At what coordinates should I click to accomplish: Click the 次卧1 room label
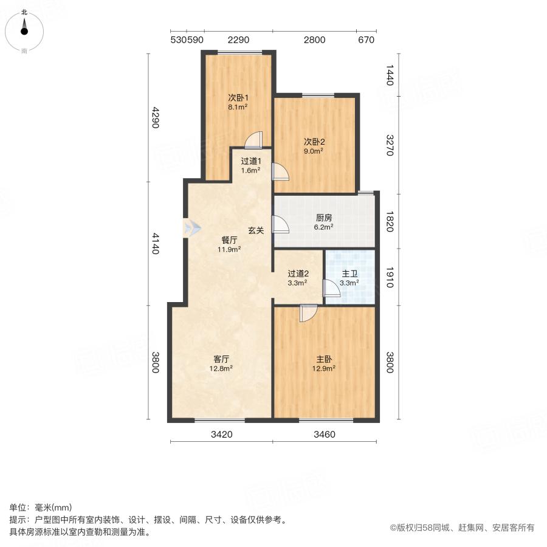(x=238, y=97)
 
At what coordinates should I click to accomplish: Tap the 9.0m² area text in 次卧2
(x=314, y=151)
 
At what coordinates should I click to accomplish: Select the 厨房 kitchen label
(x=324, y=218)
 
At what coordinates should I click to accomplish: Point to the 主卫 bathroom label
(x=349, y=273)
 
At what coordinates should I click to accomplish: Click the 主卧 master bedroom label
(x=324, y=359)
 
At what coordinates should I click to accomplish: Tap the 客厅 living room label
(x=222, y=359)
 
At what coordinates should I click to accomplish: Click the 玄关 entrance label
(x=255, y=230)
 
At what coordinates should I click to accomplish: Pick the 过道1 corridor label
(x=250, y=161)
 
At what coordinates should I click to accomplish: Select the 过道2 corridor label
(x=297, y=273)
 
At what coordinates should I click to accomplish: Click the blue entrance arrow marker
(x=192, y=228)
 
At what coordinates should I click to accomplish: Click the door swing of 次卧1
(x=253, y=140)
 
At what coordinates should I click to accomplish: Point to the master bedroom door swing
(x=308, y=312)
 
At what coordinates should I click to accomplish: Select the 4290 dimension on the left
(x=155, y=118)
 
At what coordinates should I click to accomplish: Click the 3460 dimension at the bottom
(x=324, y=435)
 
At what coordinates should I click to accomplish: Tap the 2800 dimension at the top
(x=314, y=40)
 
